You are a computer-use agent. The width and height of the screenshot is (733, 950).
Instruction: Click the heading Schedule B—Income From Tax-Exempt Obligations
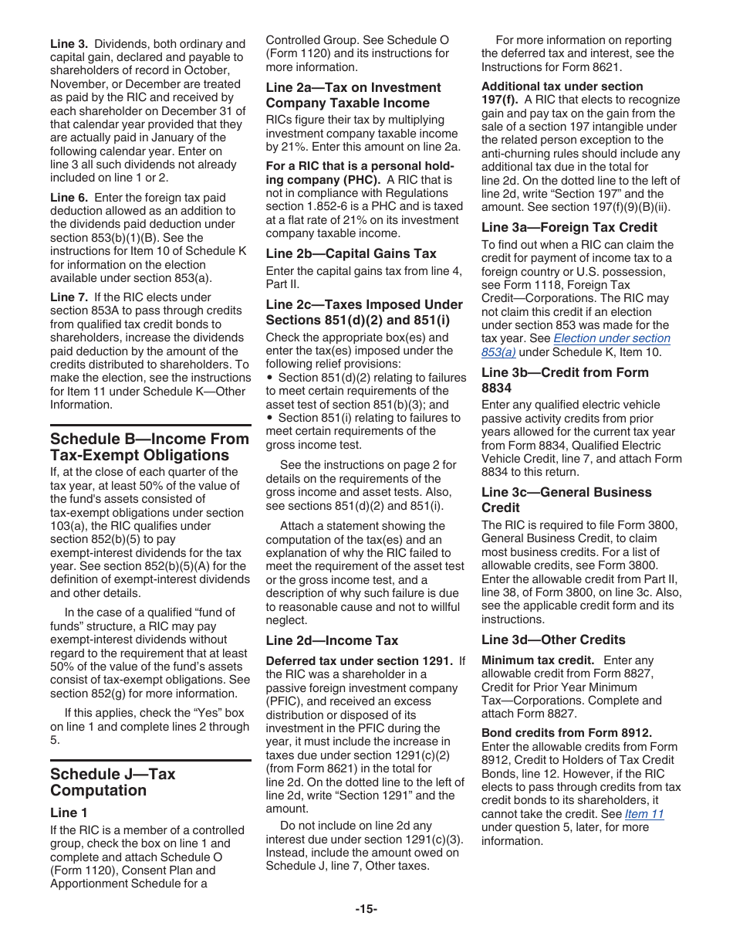pos(150,447)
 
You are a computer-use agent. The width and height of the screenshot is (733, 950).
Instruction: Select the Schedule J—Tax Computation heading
pos(113,782)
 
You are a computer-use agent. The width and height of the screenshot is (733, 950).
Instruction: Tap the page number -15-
pos(366,909)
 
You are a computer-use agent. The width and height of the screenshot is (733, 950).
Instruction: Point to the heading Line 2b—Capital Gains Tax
pos(351,253)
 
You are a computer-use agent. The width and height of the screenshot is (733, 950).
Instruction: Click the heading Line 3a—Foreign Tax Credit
pos(569,227)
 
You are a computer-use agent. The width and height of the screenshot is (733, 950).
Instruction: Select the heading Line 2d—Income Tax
pos(332,640)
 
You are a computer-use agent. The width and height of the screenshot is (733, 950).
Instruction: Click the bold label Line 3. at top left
pos(69,44)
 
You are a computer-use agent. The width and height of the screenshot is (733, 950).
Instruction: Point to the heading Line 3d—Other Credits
pos(553,640)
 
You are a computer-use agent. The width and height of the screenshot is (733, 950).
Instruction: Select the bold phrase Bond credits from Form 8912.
pos(566,732)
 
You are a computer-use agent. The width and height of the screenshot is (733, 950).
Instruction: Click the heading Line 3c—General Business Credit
pos(566,500)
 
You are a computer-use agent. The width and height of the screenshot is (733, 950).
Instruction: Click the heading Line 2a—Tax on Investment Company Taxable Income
pos(353,95)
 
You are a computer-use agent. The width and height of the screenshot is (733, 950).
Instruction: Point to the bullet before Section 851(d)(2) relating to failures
pos(269,378)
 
